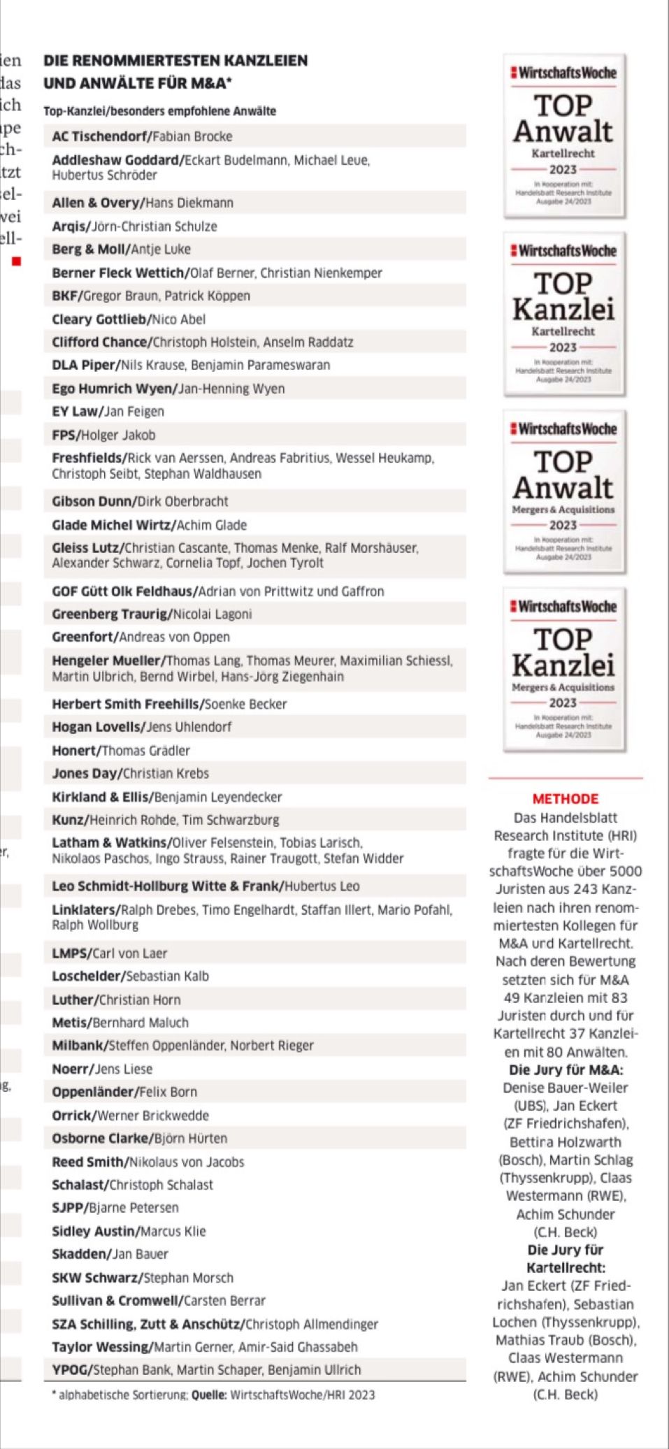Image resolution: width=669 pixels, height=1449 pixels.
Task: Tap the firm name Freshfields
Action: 88,459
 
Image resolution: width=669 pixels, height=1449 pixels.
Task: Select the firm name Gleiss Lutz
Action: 86,548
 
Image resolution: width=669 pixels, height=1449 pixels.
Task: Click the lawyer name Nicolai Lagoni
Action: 213,614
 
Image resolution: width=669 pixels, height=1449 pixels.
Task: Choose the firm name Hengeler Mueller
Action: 106,661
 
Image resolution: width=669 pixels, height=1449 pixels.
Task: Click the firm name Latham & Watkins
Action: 110,843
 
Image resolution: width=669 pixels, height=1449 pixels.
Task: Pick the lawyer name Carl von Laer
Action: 129,953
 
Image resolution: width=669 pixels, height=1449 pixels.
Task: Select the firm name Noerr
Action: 71,1069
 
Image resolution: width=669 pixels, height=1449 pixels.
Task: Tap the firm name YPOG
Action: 70,1369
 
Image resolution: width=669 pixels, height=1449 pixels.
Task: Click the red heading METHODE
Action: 566,799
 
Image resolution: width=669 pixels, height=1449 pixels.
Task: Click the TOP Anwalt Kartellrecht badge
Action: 563,136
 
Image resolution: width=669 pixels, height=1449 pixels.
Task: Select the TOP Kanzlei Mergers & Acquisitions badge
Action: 563,670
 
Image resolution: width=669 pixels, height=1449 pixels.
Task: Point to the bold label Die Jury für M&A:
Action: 566,1069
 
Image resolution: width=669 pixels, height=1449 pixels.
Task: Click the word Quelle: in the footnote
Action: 209,1394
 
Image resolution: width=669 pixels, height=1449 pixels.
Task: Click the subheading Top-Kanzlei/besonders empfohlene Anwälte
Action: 159,111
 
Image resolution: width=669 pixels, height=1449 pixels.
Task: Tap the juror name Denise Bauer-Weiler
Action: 566,1088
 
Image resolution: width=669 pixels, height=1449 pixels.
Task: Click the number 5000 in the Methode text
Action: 627,871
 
